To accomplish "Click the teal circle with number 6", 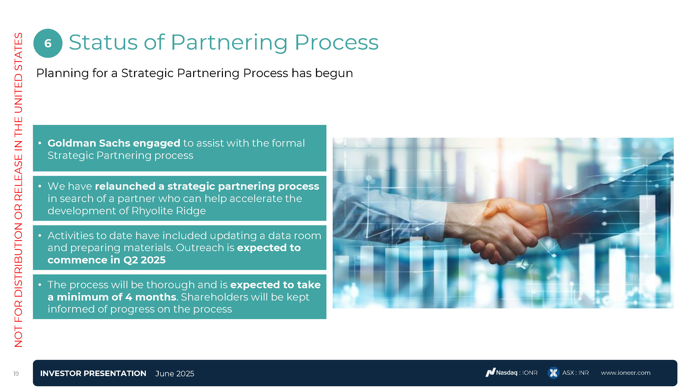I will click(x=48, y=43).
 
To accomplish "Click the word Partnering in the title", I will click(x=229, y=43).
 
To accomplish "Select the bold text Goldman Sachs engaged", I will click(x=114, y=143).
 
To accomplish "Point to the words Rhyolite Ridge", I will click(x=169, y=211).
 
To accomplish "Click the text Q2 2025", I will click(x=145, y=260).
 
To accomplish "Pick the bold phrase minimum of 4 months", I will click(x=116, y=297).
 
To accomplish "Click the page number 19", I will click(x=16, y=374).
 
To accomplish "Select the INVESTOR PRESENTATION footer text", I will click(x=93, y=373).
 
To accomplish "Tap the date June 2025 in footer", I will click(x=175, y=374).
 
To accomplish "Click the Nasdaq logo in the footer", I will click(x=490, y=372).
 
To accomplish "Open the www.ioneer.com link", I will click(x=626, y=373).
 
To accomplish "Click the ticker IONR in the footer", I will click(x=530, y=373).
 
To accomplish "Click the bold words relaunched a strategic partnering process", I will click(x=207, y=186).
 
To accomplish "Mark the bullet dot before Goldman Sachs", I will click(x=40, y=143).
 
